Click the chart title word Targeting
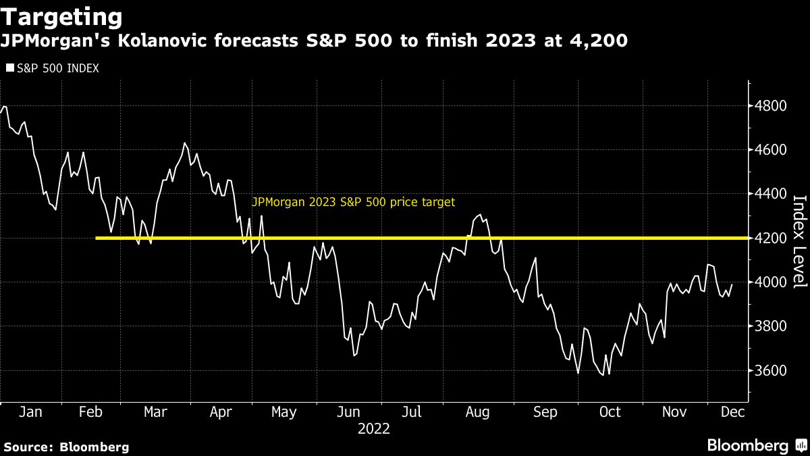point(62,16)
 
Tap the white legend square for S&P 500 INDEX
point(9,68)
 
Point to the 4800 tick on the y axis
point(770,106)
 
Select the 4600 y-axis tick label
point(770,150)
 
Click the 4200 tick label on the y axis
point(770,238)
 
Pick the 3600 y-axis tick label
point(770,371)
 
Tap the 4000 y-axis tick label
point(770,282)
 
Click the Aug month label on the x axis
point(478,412)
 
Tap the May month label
point(283,412)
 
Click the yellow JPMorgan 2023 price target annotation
point(353,201)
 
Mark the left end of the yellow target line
point(98,238)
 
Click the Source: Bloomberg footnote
point(66,447)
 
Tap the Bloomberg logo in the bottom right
point(756,446)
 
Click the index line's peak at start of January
point(5,107)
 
